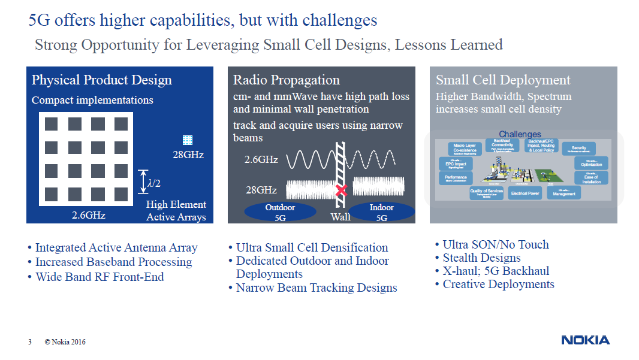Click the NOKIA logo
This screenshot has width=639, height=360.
click(x=585, y=340)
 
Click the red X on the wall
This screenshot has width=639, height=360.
click(x=342, y=190)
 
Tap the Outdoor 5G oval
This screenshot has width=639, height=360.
click(x=281, y=212)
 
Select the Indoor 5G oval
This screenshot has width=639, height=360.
click(x=382, y=212)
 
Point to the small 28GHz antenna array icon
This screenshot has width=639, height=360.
click(x=188, y=140)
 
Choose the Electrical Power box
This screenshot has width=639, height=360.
click(x=525, y=193)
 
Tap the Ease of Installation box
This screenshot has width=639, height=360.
click(x=591, y=178)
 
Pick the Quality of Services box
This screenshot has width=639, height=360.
click(x=486, y=192)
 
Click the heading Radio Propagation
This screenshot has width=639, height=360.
click(x=286, y=80)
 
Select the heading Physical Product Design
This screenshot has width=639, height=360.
click(x=101, y=80)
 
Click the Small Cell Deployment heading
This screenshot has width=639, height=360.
click(x=503, y=80)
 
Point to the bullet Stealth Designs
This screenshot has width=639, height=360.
click(x=481, y=258)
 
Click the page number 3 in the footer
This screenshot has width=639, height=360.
click(x=29, y=342)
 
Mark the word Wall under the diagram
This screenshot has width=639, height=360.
click(x=340, y=217)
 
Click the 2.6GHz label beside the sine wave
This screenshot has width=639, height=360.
click(x=261, y=160)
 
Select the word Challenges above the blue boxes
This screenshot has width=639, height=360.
click(x=520, y=134)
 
